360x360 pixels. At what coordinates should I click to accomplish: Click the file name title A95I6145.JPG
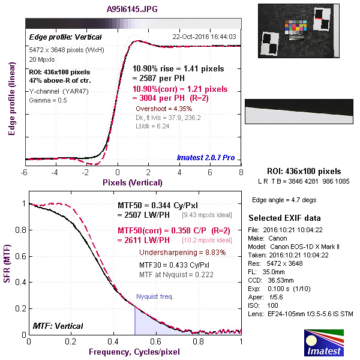[133, 10]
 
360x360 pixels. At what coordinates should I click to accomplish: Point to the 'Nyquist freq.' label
[155, 296]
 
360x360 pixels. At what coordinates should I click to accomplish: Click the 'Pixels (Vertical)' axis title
[132, 182]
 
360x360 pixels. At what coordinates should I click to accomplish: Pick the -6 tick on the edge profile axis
[24, 172]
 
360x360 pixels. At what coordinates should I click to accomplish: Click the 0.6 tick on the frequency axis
[156, 341]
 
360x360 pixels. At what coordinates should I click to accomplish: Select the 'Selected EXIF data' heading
[284, 217]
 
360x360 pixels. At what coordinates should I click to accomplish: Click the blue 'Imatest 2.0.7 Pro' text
[206, 158]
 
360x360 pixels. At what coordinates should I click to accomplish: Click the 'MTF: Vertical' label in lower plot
[58, 326]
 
